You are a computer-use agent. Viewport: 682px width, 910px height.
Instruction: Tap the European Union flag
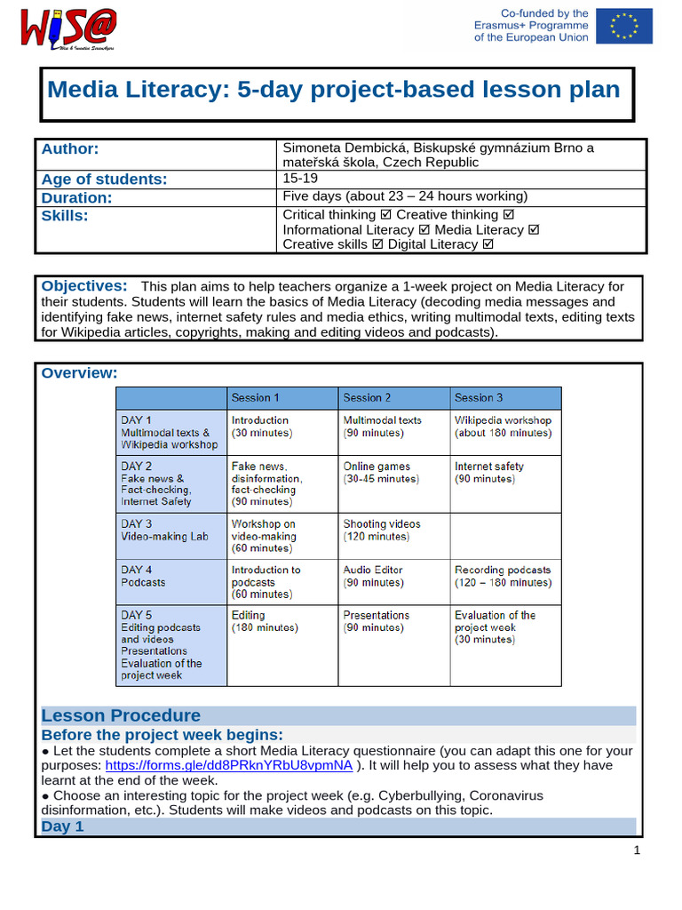pos(625,26)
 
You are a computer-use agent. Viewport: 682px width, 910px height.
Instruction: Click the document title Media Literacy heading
pos(333,89)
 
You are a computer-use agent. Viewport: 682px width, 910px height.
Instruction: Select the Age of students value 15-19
pos(301,179)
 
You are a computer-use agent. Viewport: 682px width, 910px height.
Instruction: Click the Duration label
pos(77,197)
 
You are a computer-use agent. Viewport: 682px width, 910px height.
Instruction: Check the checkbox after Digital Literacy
pos(488,244)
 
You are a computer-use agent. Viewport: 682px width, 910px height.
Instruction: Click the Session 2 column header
pos(367,397)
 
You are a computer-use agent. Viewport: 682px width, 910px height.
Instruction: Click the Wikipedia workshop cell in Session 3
pos(503,427)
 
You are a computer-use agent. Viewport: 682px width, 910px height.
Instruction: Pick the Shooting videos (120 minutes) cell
pos(382,531)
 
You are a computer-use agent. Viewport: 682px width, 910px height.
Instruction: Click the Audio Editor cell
pos(373,576)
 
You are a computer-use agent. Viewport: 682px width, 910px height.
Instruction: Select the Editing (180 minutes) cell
pos(265,621)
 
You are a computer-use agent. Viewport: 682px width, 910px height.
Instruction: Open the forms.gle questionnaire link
pos(229,766)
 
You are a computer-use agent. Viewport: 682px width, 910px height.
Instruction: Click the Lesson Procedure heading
pos(122,715)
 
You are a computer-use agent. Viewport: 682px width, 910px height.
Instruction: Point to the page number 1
pos(637,850)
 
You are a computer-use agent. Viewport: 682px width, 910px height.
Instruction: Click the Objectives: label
pos(84,286)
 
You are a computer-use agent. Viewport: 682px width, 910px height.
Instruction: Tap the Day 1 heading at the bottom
pos(62,826)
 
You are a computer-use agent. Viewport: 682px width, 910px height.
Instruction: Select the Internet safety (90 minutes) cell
pos(489,472)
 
